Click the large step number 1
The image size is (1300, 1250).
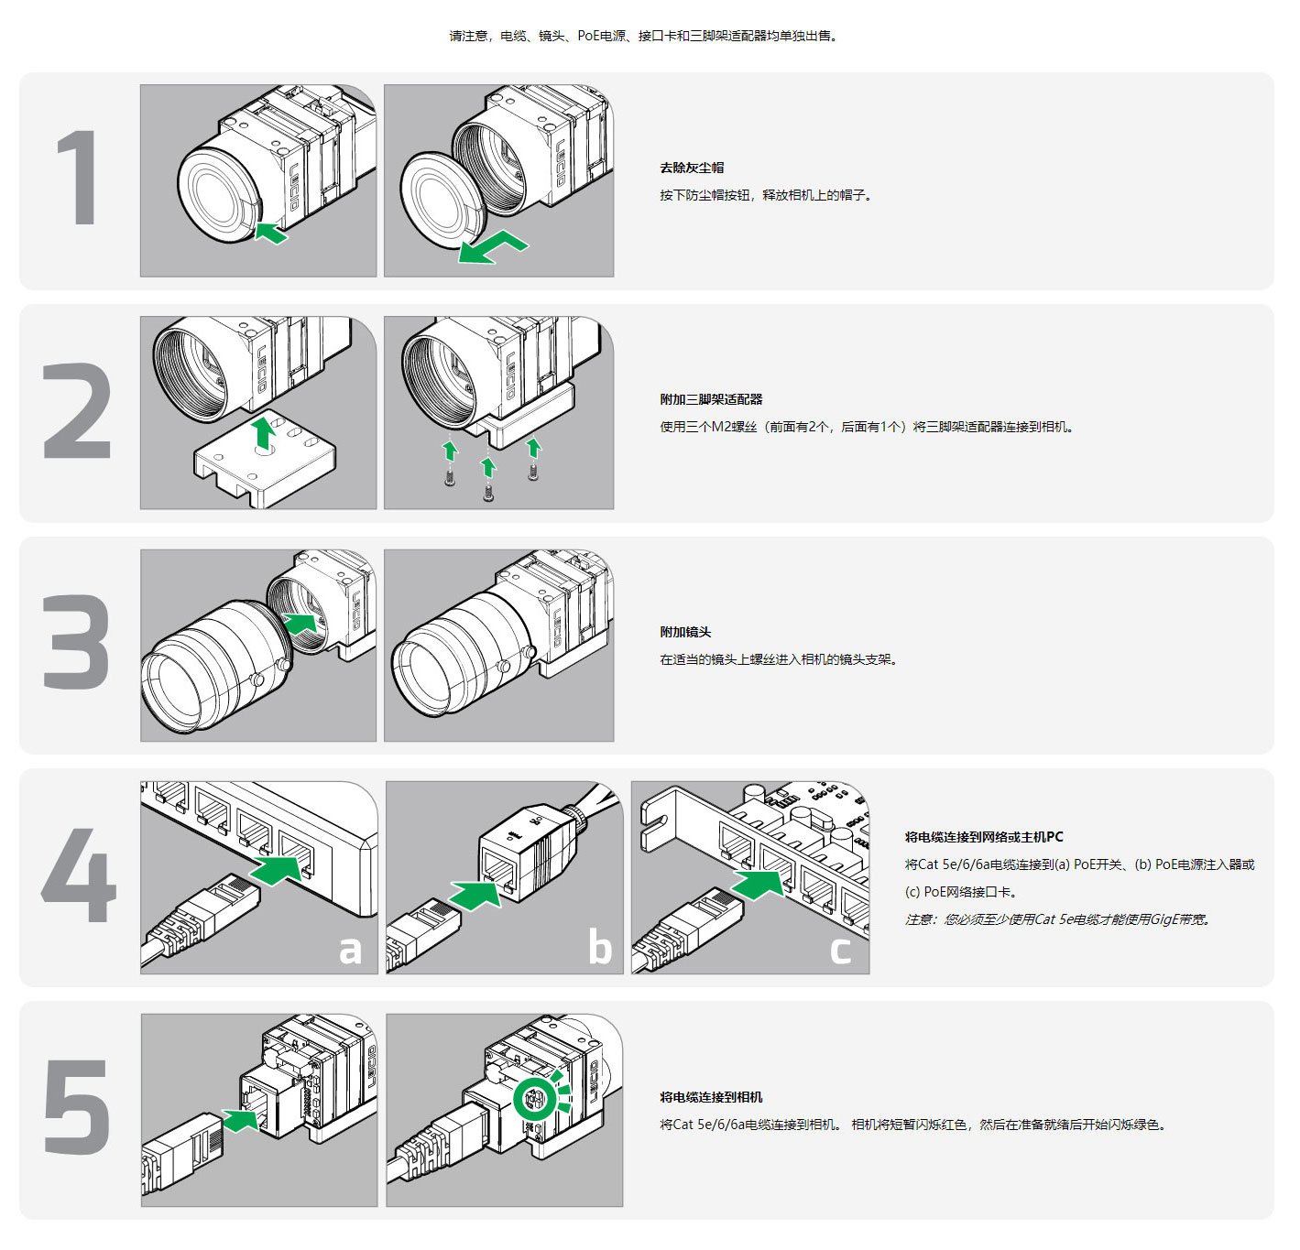79,178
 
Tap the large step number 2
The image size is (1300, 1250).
77,410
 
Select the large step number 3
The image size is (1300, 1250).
77,642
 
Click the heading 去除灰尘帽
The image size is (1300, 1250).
692,168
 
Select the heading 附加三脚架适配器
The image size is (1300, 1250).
711,399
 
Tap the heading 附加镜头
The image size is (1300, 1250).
685,632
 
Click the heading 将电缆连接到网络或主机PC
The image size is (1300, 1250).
983,837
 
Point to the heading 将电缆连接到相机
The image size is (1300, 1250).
711,1097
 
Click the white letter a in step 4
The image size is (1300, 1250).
350,950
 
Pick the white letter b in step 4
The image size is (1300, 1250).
600,947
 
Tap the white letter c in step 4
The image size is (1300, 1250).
840,950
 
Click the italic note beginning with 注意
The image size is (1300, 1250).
1057,919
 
